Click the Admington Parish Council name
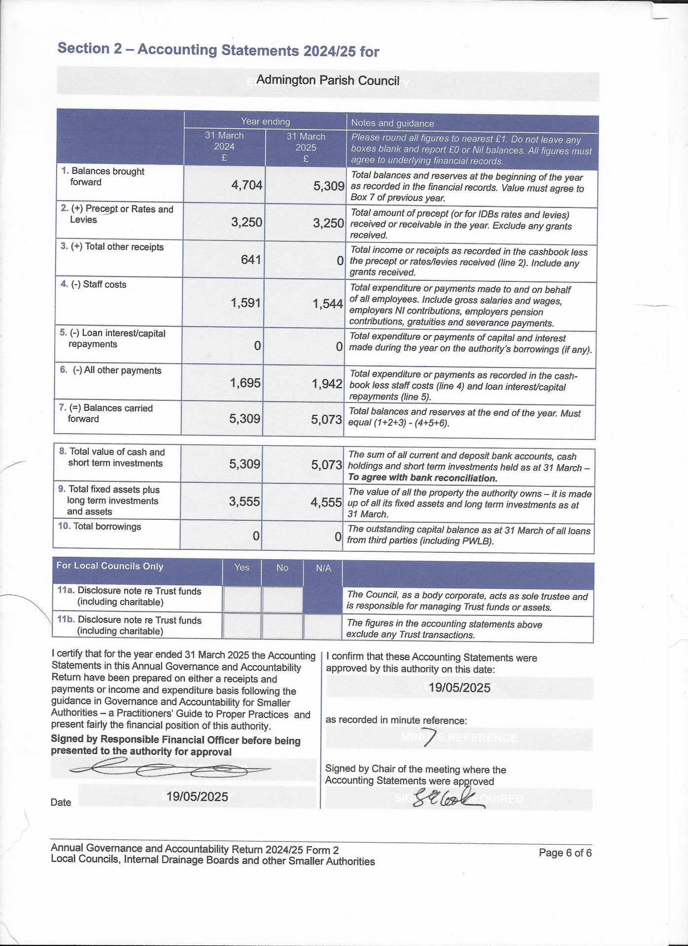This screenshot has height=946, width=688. (328, 80)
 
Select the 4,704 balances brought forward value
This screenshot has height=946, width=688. (247, 185)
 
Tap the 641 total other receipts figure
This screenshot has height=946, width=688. (251, 260)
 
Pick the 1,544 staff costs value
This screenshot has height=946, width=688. (328, 304)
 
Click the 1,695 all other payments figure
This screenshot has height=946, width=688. (245, 383)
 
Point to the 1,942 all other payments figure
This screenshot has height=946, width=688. (327, 384)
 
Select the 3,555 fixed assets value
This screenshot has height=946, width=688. (244, 502)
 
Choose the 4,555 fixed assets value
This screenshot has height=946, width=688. (326, 503)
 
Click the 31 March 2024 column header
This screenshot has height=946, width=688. (224, 146)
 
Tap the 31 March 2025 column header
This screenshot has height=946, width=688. (306, 147)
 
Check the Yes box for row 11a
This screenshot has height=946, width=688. (241, 599)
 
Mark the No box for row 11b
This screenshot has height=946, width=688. (282, 626)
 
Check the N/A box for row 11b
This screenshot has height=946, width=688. (323, 627)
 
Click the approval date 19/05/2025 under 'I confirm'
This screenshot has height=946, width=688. (459, 688)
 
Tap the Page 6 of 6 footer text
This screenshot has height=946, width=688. (565, 852)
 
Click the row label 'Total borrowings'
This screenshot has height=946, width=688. (107, 526)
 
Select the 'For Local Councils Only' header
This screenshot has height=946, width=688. (110, 566)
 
